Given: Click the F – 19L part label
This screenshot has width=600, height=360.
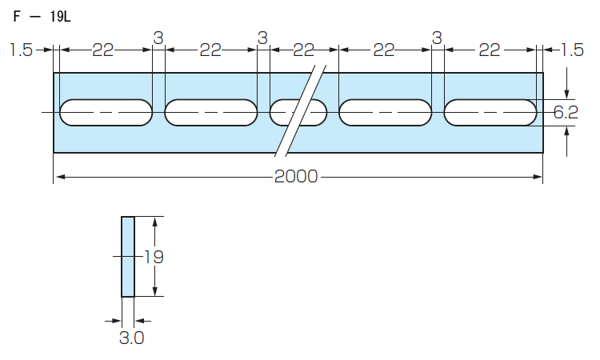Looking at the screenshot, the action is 42,17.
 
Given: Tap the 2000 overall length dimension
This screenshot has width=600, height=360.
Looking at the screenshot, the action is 296,177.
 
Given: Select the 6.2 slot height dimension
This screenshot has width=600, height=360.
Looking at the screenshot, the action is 566,113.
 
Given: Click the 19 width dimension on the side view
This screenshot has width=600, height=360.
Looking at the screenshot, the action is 154,257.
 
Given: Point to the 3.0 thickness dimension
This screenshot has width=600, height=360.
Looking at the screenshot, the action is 132,338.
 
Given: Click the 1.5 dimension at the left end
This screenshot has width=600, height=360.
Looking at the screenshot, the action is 21,50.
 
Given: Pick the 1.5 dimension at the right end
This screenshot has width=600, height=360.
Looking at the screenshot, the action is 572,50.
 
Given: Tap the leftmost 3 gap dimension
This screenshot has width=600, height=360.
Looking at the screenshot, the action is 158,38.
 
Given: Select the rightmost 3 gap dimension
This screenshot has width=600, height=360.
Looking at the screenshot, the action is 437,38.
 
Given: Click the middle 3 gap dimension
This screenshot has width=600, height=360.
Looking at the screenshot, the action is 262,38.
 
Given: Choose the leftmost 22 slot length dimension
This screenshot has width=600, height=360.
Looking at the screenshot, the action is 103,50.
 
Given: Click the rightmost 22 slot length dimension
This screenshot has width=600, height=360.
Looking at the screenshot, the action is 490,50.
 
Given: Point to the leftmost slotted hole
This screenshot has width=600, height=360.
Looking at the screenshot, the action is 106,113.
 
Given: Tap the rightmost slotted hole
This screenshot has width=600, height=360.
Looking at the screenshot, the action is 490,113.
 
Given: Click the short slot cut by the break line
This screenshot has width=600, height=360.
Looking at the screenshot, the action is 298,113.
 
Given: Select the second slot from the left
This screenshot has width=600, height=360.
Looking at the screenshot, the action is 211,113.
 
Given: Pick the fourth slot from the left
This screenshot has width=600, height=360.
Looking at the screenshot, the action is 386,113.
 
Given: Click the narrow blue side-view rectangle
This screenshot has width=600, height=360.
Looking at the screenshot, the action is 128,257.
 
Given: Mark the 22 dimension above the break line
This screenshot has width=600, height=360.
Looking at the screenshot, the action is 304,50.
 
